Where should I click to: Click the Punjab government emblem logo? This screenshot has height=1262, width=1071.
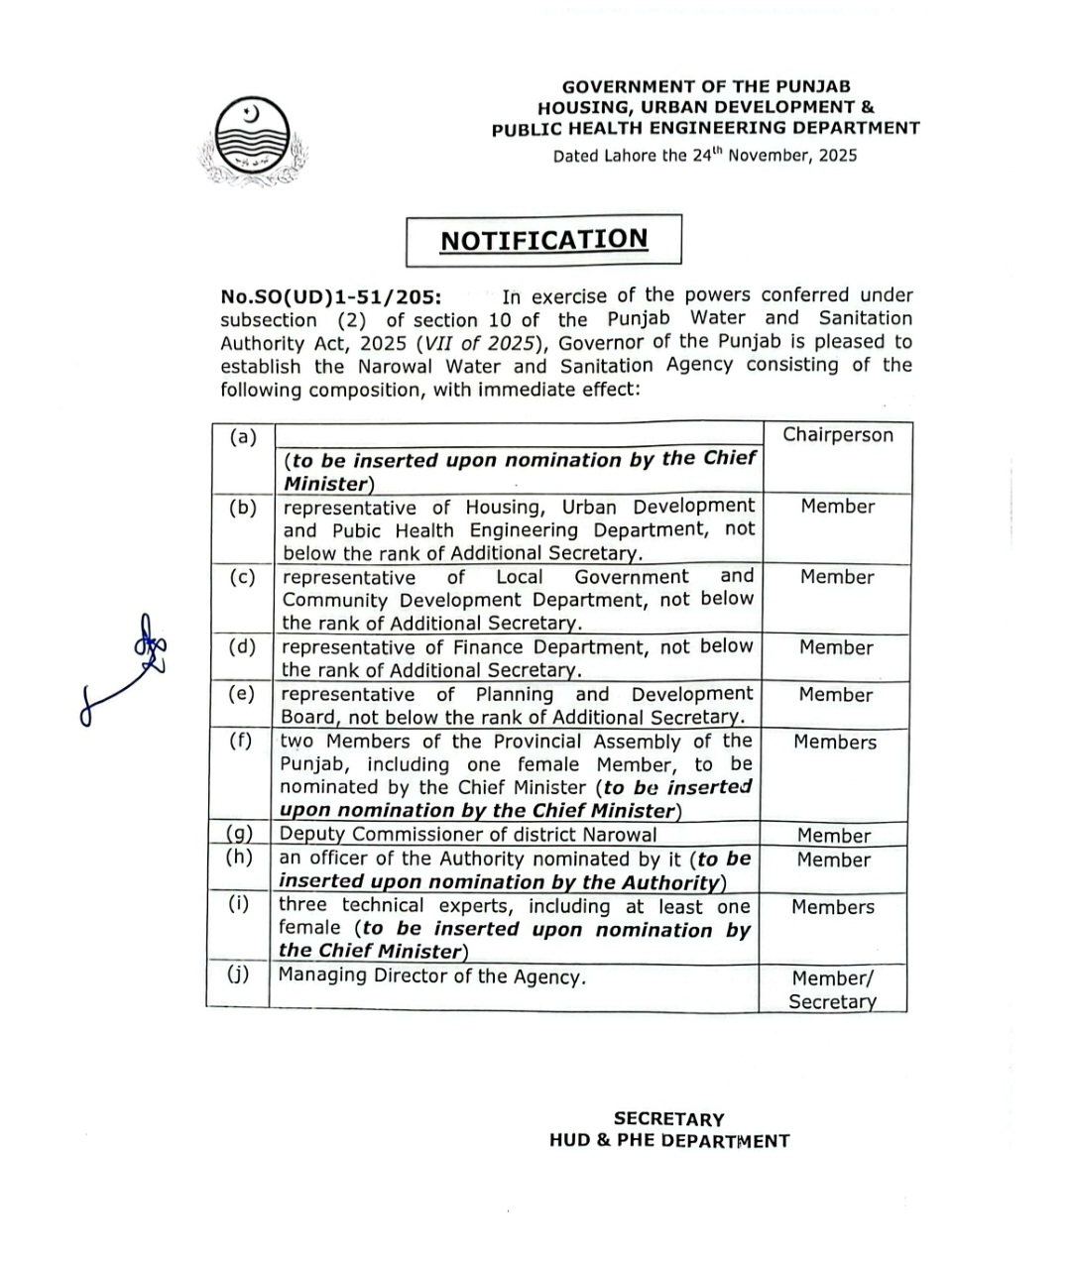click(253, 141)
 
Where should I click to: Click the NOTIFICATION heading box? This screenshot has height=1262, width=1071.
click(543, 240)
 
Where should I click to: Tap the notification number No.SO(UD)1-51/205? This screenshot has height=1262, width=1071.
click(332, 296)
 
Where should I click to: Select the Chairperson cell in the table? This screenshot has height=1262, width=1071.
click(838, 435)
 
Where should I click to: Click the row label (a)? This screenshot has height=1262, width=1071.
click(242, 436)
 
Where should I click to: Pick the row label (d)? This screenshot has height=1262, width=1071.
click(242, 647)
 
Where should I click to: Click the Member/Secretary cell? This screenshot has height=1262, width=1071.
click(833, 989)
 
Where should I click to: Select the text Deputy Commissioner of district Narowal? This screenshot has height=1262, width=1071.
click(468, 835)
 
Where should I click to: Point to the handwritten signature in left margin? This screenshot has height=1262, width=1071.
click(129, 669)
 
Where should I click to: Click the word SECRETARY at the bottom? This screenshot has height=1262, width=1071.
click(668, 1119)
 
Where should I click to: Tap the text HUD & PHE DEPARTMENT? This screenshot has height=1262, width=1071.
click(669, 1141)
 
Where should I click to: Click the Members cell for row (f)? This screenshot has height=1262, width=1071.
click(835, 743)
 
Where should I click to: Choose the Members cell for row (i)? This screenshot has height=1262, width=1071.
click(833, 907)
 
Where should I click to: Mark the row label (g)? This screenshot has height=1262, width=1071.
click(239, 835)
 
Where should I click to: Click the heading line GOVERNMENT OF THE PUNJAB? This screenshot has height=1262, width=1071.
click(706, 86)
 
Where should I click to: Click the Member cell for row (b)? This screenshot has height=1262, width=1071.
click(838, 507)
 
